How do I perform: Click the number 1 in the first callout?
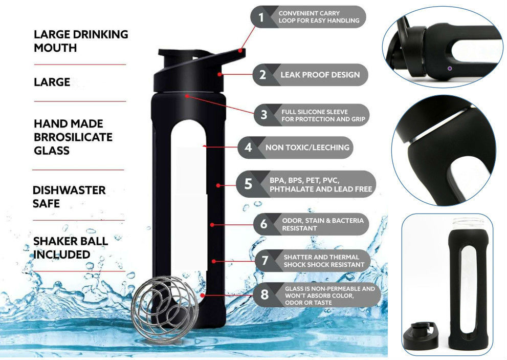point(261,17)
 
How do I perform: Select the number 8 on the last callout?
point(264,294)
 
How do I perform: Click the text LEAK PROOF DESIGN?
point(320,75)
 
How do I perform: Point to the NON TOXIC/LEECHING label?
point(307,147)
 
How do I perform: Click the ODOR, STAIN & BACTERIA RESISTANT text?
point(323,224)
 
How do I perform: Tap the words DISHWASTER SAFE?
point(69,197)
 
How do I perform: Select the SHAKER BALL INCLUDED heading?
point(71,248)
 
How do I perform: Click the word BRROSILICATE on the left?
point(73,137)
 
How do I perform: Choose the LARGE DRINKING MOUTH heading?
point(81,41)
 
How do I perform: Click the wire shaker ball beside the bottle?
point(165,309)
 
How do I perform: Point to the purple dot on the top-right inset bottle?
point(450,68)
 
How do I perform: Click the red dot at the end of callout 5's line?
point(218,185)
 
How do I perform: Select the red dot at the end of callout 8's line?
point(202,295)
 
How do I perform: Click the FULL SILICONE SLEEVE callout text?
point(323,116)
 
